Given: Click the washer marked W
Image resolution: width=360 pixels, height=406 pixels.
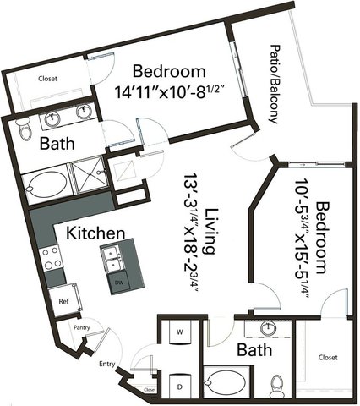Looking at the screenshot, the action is pyautogui.click(x=180, y=332).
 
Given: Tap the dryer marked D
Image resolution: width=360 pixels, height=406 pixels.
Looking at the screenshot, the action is pyautogui.click(x=180, y=387).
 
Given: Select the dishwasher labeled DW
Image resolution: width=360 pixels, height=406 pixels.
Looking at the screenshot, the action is pyautogui.click(x=117, y=283).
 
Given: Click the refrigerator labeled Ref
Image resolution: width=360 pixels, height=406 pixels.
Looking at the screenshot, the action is pyautogui.click(x=63, y=301).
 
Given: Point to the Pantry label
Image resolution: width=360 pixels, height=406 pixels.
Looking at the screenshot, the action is pyautogui.click(x=82, y=327).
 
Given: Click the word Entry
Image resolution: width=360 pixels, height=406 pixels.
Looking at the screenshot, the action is pyautogui.click(x=107, y=364).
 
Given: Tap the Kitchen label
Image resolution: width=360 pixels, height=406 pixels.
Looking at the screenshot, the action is pyautogui.click(x=95, y=233).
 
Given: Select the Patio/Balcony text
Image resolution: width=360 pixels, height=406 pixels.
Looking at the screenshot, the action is pyautogui.click(x=275, y=84).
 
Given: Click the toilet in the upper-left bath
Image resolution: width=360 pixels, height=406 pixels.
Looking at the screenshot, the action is pyautogui.click(x=24, y=129).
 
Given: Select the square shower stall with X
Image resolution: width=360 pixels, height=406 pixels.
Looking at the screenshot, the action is pyautogui.click(x=89, y=174).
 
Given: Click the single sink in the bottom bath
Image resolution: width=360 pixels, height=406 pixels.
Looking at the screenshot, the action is pyautogui.click(x=269, y=328).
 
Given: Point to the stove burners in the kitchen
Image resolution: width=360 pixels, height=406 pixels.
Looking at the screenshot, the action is pyautogui.click(x=51, y=258).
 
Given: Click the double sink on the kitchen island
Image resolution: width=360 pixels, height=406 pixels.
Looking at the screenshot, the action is pyautogui.click(x=112, y=259).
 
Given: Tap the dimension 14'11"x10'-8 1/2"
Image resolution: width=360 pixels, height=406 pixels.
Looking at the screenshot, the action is pyautogui.click(x=171, y=91).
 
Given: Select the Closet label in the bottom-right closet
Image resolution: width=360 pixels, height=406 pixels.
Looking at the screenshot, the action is pyautogui.click(x=328, y=358).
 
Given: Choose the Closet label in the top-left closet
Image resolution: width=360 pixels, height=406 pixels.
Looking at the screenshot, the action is pyautogui.click(x=47, y=79).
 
